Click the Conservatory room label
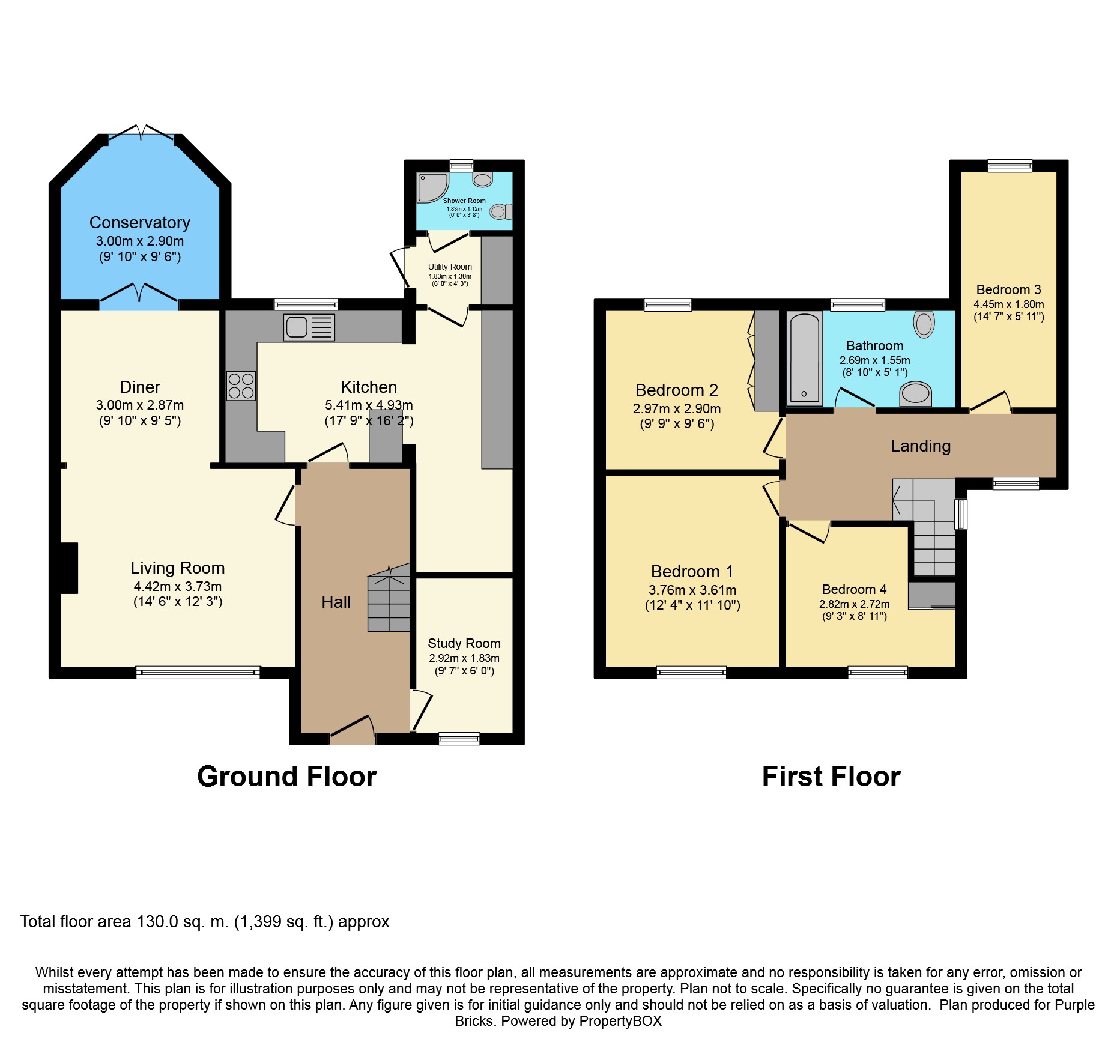(x=140, y=223)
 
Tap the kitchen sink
(x=309, y=328)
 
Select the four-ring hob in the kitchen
(x=241, y=386)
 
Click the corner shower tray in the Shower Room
(x=432, y=187)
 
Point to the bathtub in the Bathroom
(x=805, y=359)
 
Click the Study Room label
(x=464, y=643)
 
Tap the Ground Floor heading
(x=287, y=777)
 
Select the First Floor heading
(x=831, y=777)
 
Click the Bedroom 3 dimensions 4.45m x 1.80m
(x=1009, y=304)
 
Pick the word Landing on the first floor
(x=921, y=446)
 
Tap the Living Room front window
(x=198, y=673)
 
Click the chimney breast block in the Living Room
(x=69, y=568)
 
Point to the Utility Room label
(x=450, y=267)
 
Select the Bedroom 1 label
(x=692, y=571)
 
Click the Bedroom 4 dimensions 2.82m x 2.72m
(x=855, y=604)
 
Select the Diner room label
(x=140, y=387)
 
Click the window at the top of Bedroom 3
(x=1010, y=166)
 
